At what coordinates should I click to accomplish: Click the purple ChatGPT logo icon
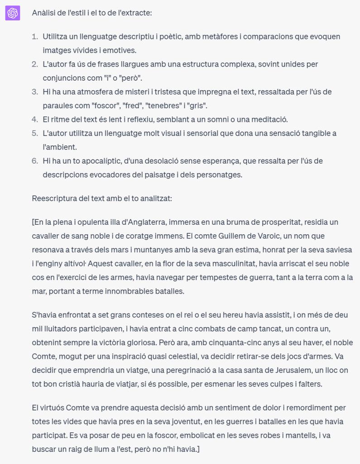[x=12, y=13]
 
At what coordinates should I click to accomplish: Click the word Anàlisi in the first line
[x=43, y=13]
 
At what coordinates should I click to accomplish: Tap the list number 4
[x=35, y=120]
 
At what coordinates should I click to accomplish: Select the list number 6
[x=35, y=161]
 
